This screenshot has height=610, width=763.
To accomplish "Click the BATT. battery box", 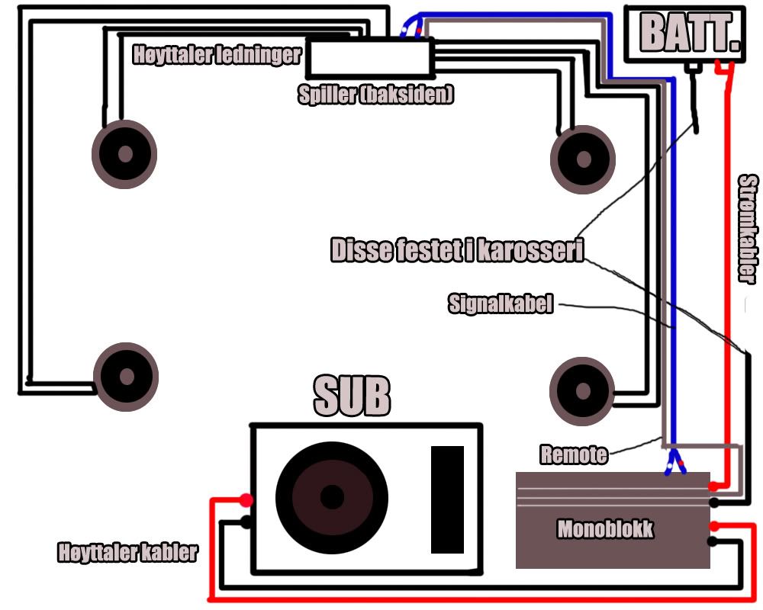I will tap(684, 34).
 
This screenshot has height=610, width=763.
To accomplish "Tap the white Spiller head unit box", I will tap(369, 58).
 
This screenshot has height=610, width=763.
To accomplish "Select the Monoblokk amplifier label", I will tap(605, 529).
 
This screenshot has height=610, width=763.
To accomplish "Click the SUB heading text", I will tap(352, 396).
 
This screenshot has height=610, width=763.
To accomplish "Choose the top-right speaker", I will tap(583, 159).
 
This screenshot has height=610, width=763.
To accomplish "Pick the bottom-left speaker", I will tap(126, 377).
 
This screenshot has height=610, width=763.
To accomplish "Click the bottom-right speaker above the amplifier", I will tap(582, 391).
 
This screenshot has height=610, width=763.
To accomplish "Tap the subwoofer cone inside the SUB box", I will tap(331, 496).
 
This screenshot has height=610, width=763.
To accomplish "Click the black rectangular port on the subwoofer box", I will tap(447, 499).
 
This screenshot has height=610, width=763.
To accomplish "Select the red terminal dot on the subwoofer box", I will tap(246, 500).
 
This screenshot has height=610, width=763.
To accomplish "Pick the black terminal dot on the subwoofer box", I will tap(246, 522).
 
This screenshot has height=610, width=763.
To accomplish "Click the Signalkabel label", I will tap(500, 305).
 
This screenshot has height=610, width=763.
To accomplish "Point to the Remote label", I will tap(574, 455).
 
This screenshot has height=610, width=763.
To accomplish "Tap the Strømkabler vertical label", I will tap(749, 229).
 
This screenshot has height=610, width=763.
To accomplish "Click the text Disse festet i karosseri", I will tap(457, 251).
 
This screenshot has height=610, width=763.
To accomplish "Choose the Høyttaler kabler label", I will tap(127, 552).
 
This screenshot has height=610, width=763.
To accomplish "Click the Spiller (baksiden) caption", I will tap(376, 95).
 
